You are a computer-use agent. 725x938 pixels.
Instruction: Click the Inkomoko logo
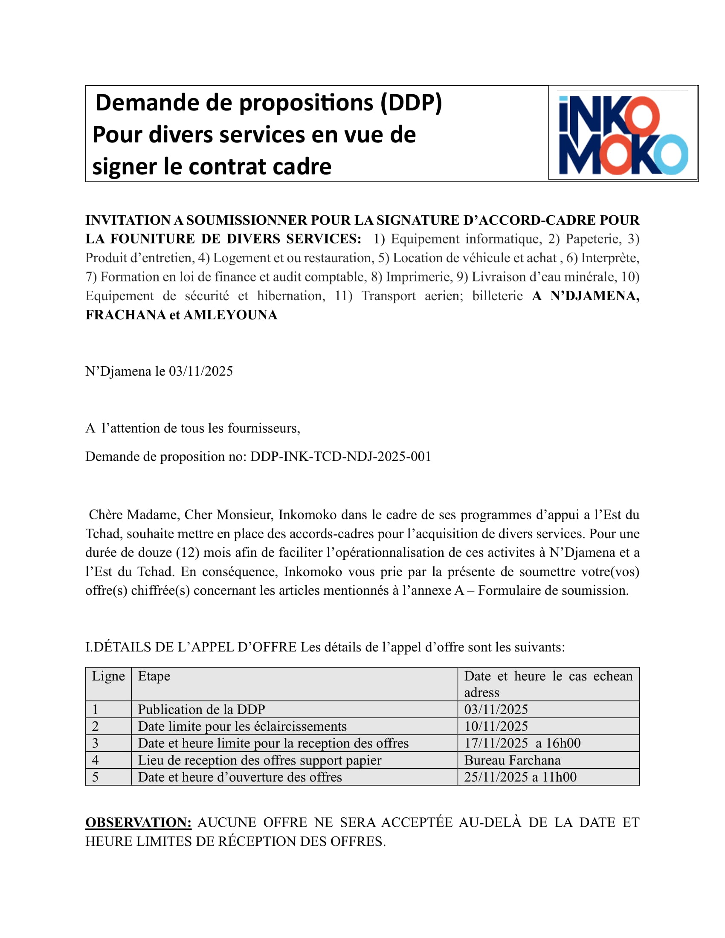coord(622,134)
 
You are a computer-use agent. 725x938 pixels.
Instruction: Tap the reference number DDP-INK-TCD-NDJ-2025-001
coord(341,456)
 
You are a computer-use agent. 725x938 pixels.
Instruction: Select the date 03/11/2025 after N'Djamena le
coord(200,371)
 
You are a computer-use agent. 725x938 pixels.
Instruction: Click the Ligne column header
coord(108,676)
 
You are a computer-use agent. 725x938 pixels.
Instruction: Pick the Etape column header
coord(154,676)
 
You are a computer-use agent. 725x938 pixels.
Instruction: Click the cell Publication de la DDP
coord(201,709)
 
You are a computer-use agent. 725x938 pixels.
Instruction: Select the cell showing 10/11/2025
coord(496,726)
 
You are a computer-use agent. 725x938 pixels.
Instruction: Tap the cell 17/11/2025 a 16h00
coord(522,743)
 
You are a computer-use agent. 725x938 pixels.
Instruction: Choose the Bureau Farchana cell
coord(512,760)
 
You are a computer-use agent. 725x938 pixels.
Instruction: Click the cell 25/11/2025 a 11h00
coord(520,777)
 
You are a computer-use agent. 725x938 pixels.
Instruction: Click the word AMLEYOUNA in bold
coord(230,315)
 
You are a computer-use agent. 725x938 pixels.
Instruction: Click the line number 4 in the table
coord(96,760)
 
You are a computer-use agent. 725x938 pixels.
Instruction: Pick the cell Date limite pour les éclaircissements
coord(242,726)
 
